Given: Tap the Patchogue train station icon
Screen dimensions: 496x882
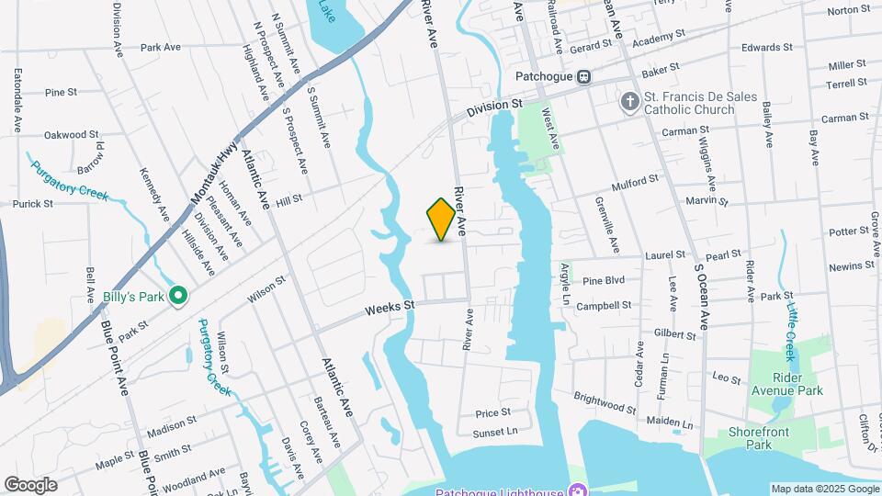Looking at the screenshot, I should pos(584,76).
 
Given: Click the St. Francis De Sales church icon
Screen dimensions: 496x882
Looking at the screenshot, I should pos(630,100).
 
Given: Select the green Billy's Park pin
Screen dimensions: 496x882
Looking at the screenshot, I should pos(179,296).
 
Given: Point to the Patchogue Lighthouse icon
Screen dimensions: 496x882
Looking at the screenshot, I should pos(576,489).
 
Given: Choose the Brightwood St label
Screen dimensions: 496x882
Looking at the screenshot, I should pos(605,401).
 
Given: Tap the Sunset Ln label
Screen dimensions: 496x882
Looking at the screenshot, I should pos(495,432).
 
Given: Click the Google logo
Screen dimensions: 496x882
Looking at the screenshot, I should pos(30,484).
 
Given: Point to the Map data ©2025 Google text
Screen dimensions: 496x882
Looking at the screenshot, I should pos(824,489).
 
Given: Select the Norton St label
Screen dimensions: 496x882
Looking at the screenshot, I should pos(848,11).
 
